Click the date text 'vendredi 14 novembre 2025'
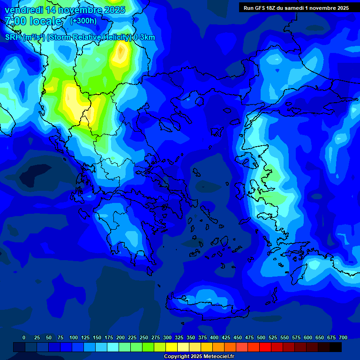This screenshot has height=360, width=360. click(65, 10)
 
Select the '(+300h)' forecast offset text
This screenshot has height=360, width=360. click(83, 21)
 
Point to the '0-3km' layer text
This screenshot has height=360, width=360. click(144, 37)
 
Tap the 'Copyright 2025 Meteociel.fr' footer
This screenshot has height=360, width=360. click(199, 357)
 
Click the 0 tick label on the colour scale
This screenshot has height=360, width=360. click(24, 337)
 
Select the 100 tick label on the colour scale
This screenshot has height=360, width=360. click(74, 337)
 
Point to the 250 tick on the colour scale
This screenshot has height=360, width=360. click(144, 337)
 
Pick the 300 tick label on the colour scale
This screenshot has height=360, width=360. click(167, 337)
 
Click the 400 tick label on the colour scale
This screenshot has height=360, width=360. click(214, 337)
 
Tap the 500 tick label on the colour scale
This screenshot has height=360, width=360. click(261, 337)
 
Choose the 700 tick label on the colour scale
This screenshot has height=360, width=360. click(343, 337)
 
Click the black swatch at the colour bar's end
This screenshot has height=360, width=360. click(336, 347)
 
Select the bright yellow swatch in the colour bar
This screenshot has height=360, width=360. click(172, 347)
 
